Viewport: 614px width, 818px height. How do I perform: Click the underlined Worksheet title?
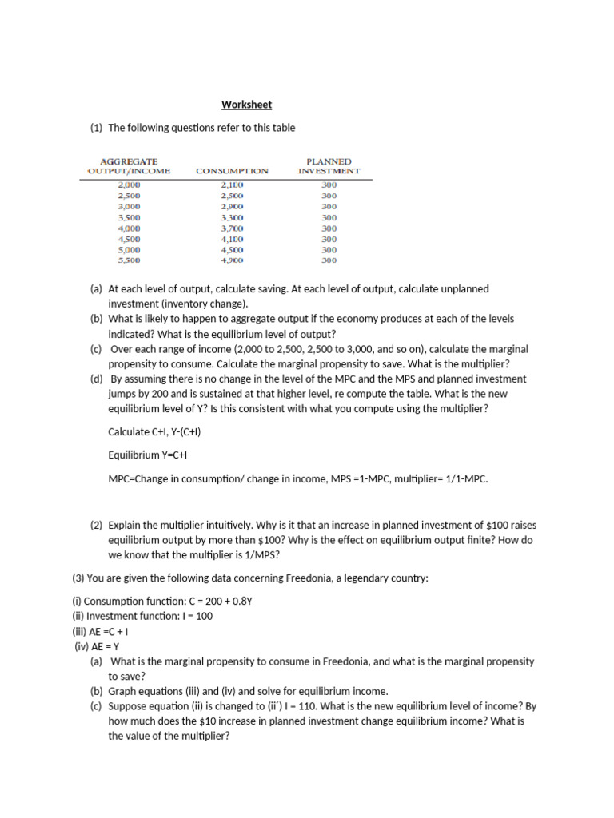point(246,105)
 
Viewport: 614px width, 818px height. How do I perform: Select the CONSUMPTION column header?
point(232,171)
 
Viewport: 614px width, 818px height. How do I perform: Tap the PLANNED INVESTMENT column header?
point(329,165)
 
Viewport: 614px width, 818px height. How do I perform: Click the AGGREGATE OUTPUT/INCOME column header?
point(128,165)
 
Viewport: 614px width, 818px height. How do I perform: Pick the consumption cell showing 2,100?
point(232,185)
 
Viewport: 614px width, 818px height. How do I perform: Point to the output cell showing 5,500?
point(129,260)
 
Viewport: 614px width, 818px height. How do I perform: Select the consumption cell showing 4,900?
point(232,260)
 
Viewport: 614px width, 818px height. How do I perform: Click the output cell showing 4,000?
point(129,228)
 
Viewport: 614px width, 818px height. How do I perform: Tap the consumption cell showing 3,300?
point(232,217)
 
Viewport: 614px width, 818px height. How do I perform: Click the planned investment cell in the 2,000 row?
point(329,185)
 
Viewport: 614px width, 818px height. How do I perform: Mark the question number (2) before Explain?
point(96,525)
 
